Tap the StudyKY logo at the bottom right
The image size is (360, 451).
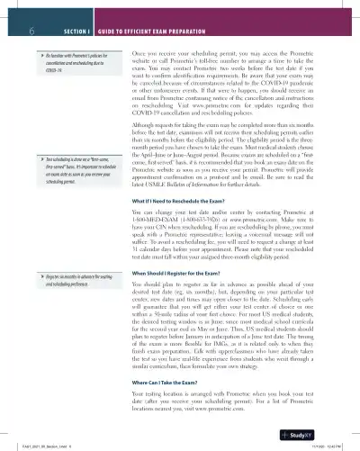(328, 434)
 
